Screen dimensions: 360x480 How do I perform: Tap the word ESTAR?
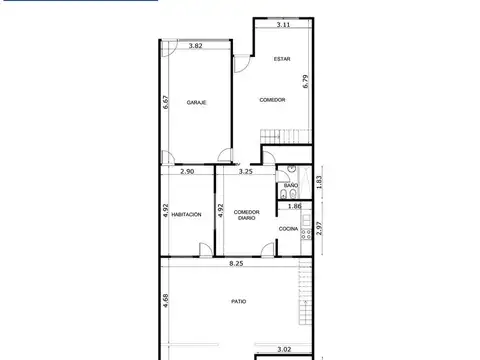[x=283, y=59]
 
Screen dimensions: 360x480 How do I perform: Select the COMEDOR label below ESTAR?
[x=272, y=100]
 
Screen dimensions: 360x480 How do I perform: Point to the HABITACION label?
[x=187, y=214]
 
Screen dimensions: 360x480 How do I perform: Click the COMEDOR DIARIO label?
[x=247, y=215]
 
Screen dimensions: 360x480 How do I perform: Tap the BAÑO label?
[x=291, y=186]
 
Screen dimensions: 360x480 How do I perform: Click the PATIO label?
[x=237, y=301]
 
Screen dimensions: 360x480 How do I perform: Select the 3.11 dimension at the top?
[x=284, y=24]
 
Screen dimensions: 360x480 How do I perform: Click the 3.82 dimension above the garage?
[x=197, y=46]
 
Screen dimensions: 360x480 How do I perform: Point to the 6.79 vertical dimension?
[x=306, y=82]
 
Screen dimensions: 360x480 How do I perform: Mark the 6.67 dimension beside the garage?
[x=166, y=101]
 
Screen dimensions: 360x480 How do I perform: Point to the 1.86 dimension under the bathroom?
[x=295, y=206]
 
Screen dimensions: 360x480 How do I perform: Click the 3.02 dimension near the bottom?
[x=283, y=350]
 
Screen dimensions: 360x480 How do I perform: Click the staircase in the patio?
[x=306, y=290]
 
